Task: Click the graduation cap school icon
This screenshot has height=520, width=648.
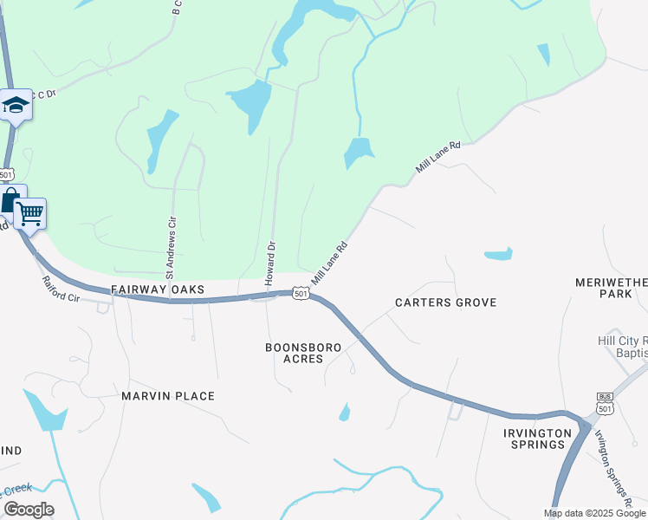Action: [x=16, y=106]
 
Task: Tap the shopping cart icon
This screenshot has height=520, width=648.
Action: [x=31, y=212]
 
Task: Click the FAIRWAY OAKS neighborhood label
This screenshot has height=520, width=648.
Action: [x=158, y=289]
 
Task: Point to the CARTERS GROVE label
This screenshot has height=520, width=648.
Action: [x=445, y=302]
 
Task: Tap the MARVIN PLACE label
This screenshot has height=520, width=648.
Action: [x=168, y=396]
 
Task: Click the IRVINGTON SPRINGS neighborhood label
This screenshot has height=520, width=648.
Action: [x=537, y=439]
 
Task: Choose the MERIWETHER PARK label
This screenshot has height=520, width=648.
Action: [x=611, y=289]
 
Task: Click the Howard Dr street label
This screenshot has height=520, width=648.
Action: [x=270, y=263]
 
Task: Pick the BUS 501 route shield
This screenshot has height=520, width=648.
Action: [x=605, y=403]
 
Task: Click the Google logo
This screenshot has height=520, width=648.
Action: [x=29, y=510]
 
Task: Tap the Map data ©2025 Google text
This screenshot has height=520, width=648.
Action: [x=594, y=513]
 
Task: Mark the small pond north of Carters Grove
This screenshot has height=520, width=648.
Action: [x=498, y=255]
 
